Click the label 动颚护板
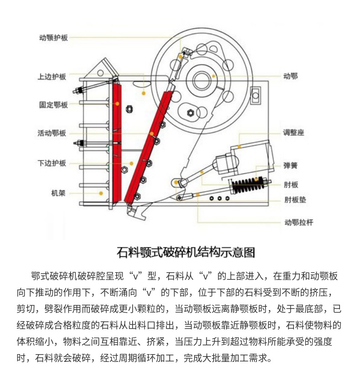pos(53,38)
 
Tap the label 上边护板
pos(52,76)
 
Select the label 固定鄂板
pos(53,105)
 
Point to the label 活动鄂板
pos(52,133)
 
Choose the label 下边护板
pos(52,163)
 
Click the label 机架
pos(58,193)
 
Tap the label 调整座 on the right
pos(293,132)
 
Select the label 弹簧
pos(290,165)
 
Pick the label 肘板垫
pos(295,199)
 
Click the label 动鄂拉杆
pos(299,223)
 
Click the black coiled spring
pos(248,185)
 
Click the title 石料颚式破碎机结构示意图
pos(186,252)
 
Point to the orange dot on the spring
pos(256,179)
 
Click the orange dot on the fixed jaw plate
pos(118,104)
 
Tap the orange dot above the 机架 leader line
pos(101,193)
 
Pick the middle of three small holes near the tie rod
pos(219,198)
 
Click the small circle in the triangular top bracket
pos(100,72)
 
